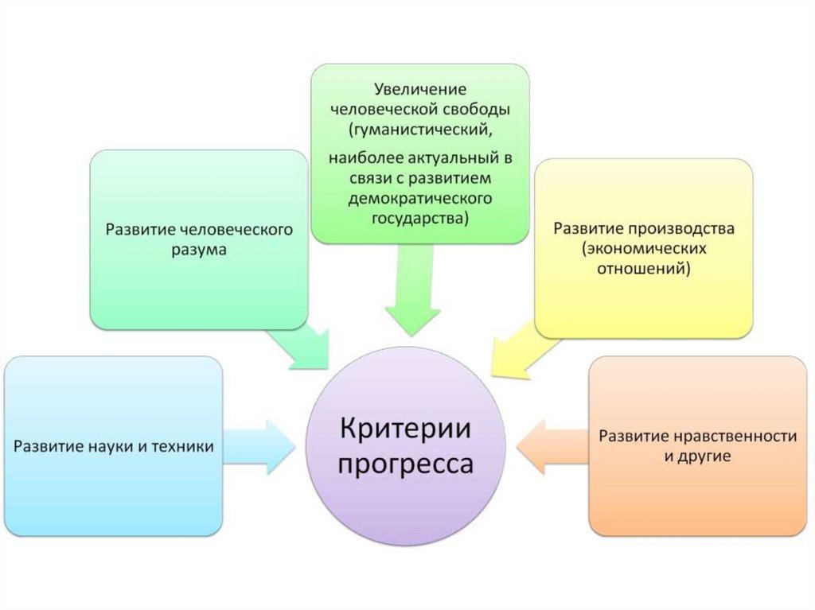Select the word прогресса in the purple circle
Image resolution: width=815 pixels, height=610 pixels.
click(x=406, y=464)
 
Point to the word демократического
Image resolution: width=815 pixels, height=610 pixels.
click(x=419, y=196)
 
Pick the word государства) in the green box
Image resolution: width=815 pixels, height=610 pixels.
click(x=419, y=217)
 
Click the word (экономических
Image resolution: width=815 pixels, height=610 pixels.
click(x=644, y=249)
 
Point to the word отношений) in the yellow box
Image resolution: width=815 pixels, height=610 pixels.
click(x=644, y=270)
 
